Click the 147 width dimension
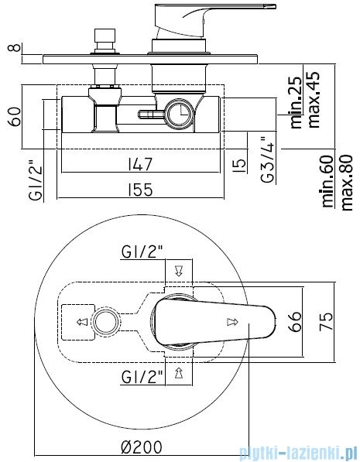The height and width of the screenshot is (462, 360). coord(140,164)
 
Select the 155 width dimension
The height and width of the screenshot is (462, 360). coord(140,190)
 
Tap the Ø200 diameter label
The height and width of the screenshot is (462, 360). coord(142,447)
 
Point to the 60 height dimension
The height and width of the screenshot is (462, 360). coord(15,117)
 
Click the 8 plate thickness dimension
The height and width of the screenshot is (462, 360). coord(15,47)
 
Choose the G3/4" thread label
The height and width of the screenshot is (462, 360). coord(269,159)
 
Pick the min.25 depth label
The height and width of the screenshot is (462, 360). coord(297,102)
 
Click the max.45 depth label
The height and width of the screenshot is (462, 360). coord(313,99)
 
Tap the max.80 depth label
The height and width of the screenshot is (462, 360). coord(346,183)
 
